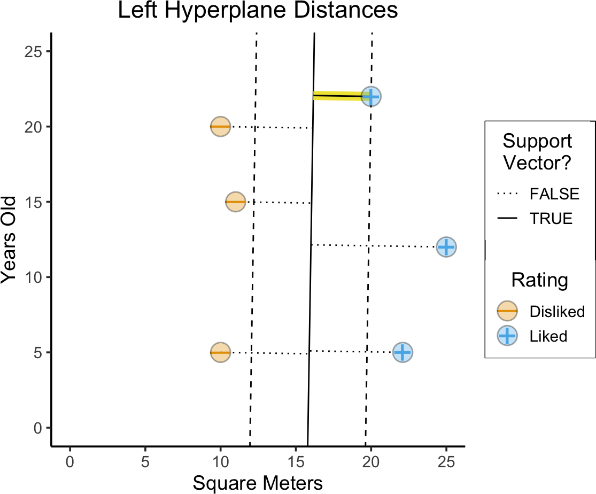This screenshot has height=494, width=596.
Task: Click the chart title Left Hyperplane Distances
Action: click(258, 11)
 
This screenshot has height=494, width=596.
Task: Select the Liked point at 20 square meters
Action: click(371, 96)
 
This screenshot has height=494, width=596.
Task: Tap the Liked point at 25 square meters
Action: click(446, 247)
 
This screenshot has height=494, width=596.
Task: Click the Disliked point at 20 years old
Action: click(220, 127)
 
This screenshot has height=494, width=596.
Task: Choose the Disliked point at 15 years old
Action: click(235, 202)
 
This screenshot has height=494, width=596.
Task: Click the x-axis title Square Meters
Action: click(258, 483)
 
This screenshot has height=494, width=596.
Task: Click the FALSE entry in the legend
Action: click(554, 194)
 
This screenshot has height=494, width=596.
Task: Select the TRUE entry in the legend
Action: click(551, 219)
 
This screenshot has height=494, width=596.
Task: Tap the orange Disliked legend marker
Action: click(507, 311)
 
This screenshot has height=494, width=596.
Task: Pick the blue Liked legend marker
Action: click(507, 336)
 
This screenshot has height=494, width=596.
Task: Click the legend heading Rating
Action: click(539, 280)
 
